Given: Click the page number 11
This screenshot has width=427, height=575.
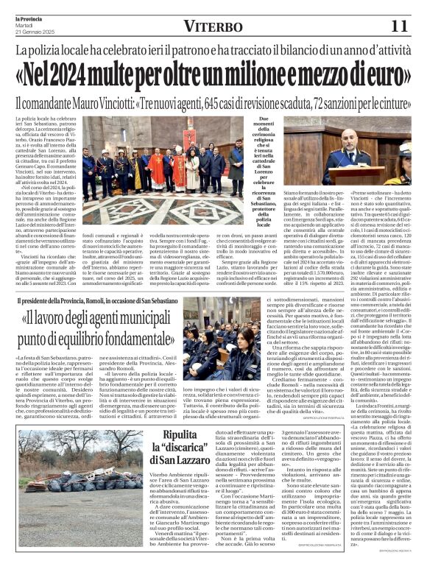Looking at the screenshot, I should pos(398,27).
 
